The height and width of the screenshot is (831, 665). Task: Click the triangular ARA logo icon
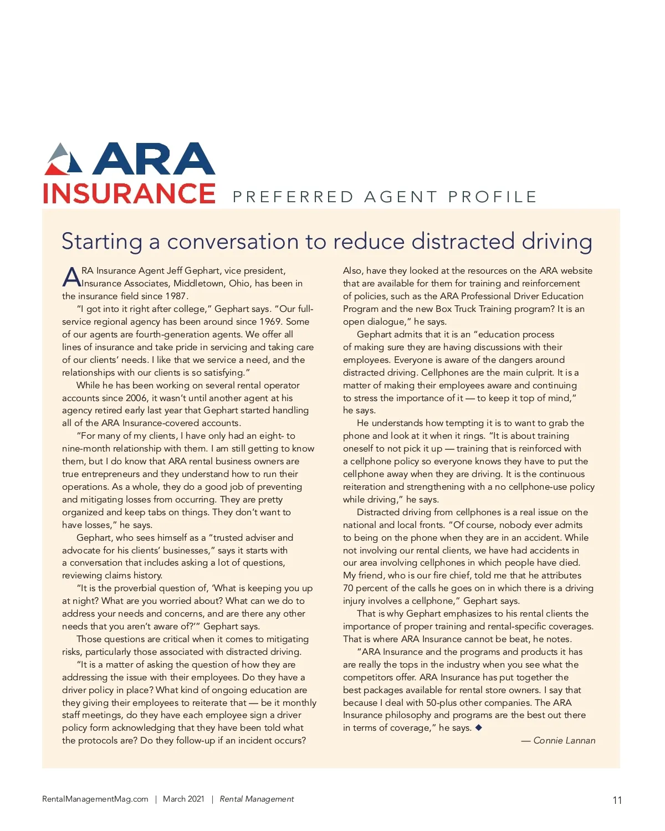pyautogui.click(x=63, y=159)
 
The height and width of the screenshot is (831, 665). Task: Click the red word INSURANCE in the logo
pyautogui.click(x=129, y=193)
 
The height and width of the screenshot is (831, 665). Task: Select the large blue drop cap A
pyautogui.click(x=71, y=277)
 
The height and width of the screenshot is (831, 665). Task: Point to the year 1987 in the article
pyautogui.click(x=176, y=296)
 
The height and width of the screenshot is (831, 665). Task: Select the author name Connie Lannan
pyautogui.click(x=564, y=741)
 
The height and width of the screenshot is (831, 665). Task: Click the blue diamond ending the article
pyautogui.click(x=479, y=727)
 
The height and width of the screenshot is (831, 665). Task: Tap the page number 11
pyautogui.click(x=617, y=800)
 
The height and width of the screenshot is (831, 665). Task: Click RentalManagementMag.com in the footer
pyautogui.click(x=95, y=799)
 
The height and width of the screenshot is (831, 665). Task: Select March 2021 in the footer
pyautogui.click(x=183, y=799)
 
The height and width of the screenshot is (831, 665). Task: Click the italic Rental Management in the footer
pyautogui.click(x=257, y=799)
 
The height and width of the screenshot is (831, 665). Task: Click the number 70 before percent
pyautogui.click(x=348, y=588)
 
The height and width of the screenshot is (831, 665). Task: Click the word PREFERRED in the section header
pyautogui.click(x=293, y=197)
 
